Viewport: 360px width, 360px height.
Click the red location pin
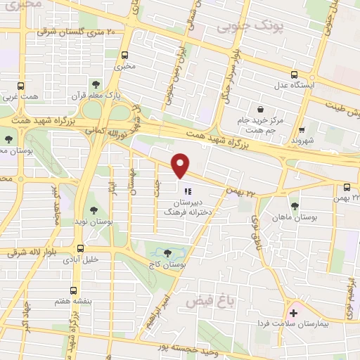click(x=181, y=165)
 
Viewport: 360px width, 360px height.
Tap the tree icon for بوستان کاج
click(x=167, y=254)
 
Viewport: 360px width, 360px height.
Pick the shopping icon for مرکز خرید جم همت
click(x=260, y=110)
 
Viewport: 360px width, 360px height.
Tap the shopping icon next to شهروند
click(x=302, y=129)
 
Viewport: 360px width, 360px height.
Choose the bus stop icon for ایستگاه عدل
click(x=294, y=75)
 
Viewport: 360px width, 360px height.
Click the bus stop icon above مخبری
click(x=125, y=56)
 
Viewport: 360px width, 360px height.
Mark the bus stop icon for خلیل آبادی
click(x=79, y=248)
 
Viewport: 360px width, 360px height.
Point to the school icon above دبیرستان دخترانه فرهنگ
click(x=186, y=191)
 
